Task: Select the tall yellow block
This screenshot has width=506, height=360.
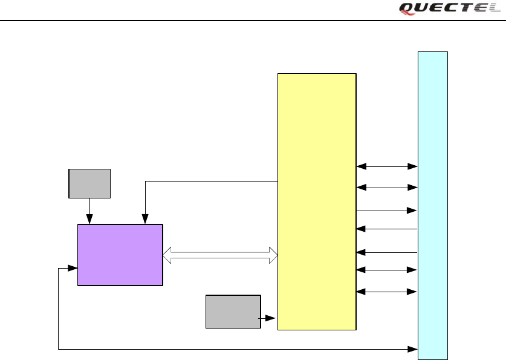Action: pyautogui.click(x=317, y=201)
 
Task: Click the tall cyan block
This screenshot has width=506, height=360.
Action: pyautogui.click(x=433, y=205)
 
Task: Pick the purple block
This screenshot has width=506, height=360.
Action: pyautogui.click(x=120, y=255)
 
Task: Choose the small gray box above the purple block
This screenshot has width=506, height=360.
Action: pyautogui.click(x=89, y=183)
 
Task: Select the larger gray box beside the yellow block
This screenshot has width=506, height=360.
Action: pyautogui.click(x=233, y=312)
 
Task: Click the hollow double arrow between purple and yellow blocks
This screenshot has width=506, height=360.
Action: pyautogui.click(x=220, y=255)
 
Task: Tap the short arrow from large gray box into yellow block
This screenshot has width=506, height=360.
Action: pyautogui.click(x=268, y=318)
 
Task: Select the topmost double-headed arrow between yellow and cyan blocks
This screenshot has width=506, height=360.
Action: pyautogui.click(x=387, y=166)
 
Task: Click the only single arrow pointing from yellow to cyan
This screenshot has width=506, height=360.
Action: pyautogui.click(x=387, y=211)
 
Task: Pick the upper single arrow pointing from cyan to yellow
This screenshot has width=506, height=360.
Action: pyautogui.click(x=387, y=229)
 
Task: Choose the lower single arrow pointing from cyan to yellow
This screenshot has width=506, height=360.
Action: pyautogui.click(x=387, y=252)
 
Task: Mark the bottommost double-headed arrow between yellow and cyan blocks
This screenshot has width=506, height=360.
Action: pyautogui.click(x=387, y=292)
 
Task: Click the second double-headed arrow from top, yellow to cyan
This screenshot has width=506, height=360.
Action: pyautogui.click(x=387, y=188)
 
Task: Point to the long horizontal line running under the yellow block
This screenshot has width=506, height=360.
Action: pyautogui.click(x=236, y=349)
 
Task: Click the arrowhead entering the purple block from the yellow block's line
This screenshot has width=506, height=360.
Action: pyautogui.click(x=145, y=220)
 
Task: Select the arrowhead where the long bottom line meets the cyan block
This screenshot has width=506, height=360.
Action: pyautogui.click(x=414, y=349)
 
